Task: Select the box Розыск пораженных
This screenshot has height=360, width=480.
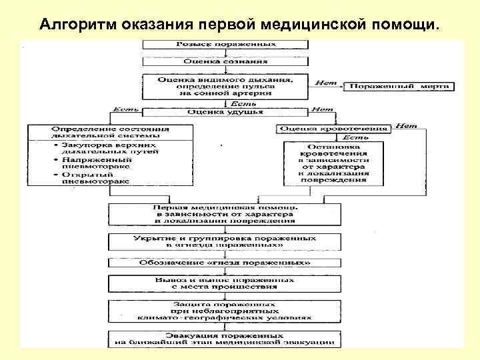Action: click(x=226, y=44)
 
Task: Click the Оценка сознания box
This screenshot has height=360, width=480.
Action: click(x=226, y=61)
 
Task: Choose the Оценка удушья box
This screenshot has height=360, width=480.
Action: click(x=226, y=113)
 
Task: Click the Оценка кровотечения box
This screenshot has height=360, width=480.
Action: click(x=334, y=129)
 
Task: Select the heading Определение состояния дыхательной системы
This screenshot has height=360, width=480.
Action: click(x=111, y=132)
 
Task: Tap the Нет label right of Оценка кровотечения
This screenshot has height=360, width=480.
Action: click(x=405, y=124)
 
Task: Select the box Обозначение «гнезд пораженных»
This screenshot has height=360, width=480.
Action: click(x=226, y=263)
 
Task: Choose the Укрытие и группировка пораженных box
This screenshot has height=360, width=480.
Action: click(x=226, y=241)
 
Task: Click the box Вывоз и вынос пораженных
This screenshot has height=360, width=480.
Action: click(x=226, y=283)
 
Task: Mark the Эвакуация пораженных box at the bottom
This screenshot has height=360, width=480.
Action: click(x=226, y=338)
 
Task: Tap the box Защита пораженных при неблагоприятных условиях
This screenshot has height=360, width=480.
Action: click(x=226, y=311)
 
